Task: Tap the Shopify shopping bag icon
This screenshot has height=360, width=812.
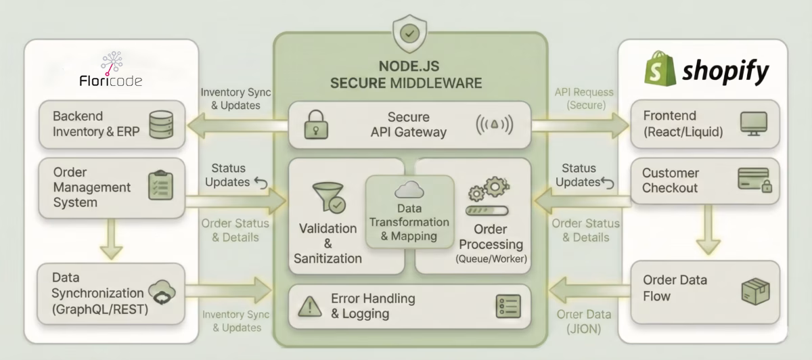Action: (x=660, y=70)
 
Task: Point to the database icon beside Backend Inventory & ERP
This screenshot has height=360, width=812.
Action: (x=160, y=124)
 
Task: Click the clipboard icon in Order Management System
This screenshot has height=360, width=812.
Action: (x=160, y=186)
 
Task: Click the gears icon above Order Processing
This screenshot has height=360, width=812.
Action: (x=489, y=190)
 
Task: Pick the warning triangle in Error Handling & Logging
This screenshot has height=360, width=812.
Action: (x=310, y=307)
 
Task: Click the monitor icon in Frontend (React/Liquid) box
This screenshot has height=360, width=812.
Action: (x=753, y=124)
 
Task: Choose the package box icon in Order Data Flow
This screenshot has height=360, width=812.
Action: (x=754, y=291)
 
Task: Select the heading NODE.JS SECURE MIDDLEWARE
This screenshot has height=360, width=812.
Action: (x=406, y=74)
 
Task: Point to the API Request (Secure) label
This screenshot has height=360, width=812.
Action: (x=584, y=98)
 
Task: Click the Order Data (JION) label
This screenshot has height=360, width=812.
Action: (x=583, y=321)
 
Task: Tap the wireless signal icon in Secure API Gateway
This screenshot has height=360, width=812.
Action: (x=494, y=125)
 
